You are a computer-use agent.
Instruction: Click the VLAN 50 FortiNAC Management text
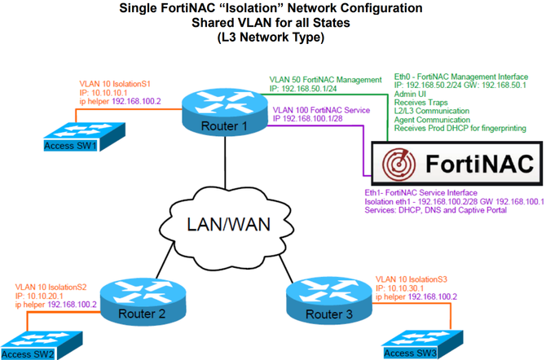[325, 80]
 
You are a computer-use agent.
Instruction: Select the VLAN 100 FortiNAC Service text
[320, 109]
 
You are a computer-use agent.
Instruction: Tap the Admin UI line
[407, 94]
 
